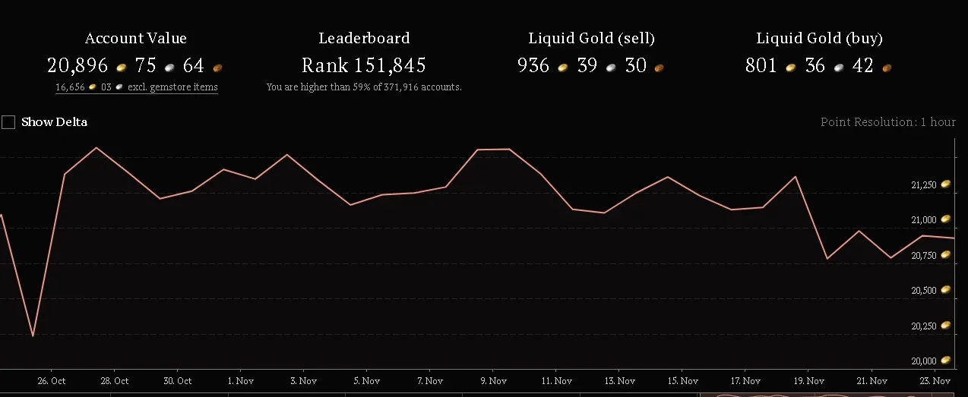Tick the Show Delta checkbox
(x=8, y=122)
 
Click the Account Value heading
(x=136, y=39)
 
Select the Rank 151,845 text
(x=363, y=65)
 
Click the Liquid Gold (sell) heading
(x=591, y=39)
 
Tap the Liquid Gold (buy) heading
(x=819, y=39)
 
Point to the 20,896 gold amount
(x=78, y=65)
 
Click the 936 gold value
(x=533, y=65)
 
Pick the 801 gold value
(x=761, y=65)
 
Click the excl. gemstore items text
(x=172, y=87)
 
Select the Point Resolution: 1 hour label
(x=887, y=122)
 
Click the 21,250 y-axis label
(x=923, y=185)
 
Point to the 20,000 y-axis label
(x=923, y=361)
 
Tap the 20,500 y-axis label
(x=923, y=291)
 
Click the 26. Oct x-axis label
(x=52, y=381)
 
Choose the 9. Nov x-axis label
(x=493, y=381)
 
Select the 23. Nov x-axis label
(x=935, y=381)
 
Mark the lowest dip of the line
(x=33, y=336)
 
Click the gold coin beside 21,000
(x=945, y=219)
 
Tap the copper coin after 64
(x=217, y=68)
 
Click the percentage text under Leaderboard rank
(x=364, y=87)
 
